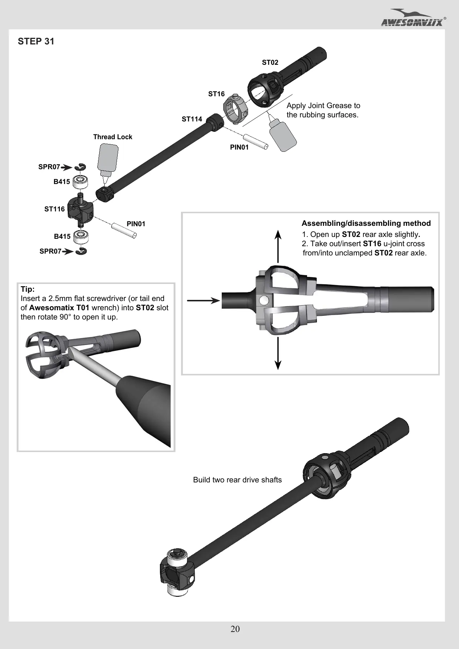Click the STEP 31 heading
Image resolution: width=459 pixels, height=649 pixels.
pyautogui.click(x=36, y=41)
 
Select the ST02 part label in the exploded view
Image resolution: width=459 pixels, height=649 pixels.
pyautogui.click(x=270, y=63)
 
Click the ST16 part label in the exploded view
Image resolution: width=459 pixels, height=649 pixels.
pyautogui.click(x=216, y=94)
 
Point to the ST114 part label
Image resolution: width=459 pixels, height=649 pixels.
pyautogui.click(x=192, y=119)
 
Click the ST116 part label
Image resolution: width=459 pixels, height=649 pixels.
pyautogui.click(x=54, y=209)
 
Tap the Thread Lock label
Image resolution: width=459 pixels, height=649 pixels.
pyautogui.click(x=113, y=137)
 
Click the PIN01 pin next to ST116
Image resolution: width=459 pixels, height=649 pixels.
pyautogui.click(x=124, y=229)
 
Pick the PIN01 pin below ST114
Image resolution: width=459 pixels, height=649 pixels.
pyautogui.click(x=256, y=141)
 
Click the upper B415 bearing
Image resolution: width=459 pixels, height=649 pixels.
pyautogui.click(x=81, y=181)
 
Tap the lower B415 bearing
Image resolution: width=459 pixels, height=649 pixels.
pyautogui.click(x=81, y=237)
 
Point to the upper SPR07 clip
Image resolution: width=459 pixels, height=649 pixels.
pyautogui.click(x=80, y=167)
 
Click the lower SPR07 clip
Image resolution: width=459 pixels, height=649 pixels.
pyautogui.click(x=81, y=251)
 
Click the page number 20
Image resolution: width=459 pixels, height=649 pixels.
pyautogui.click(x=235, y=629)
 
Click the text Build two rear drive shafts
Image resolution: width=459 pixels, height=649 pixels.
pyautogui.click(x=237, y=480)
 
